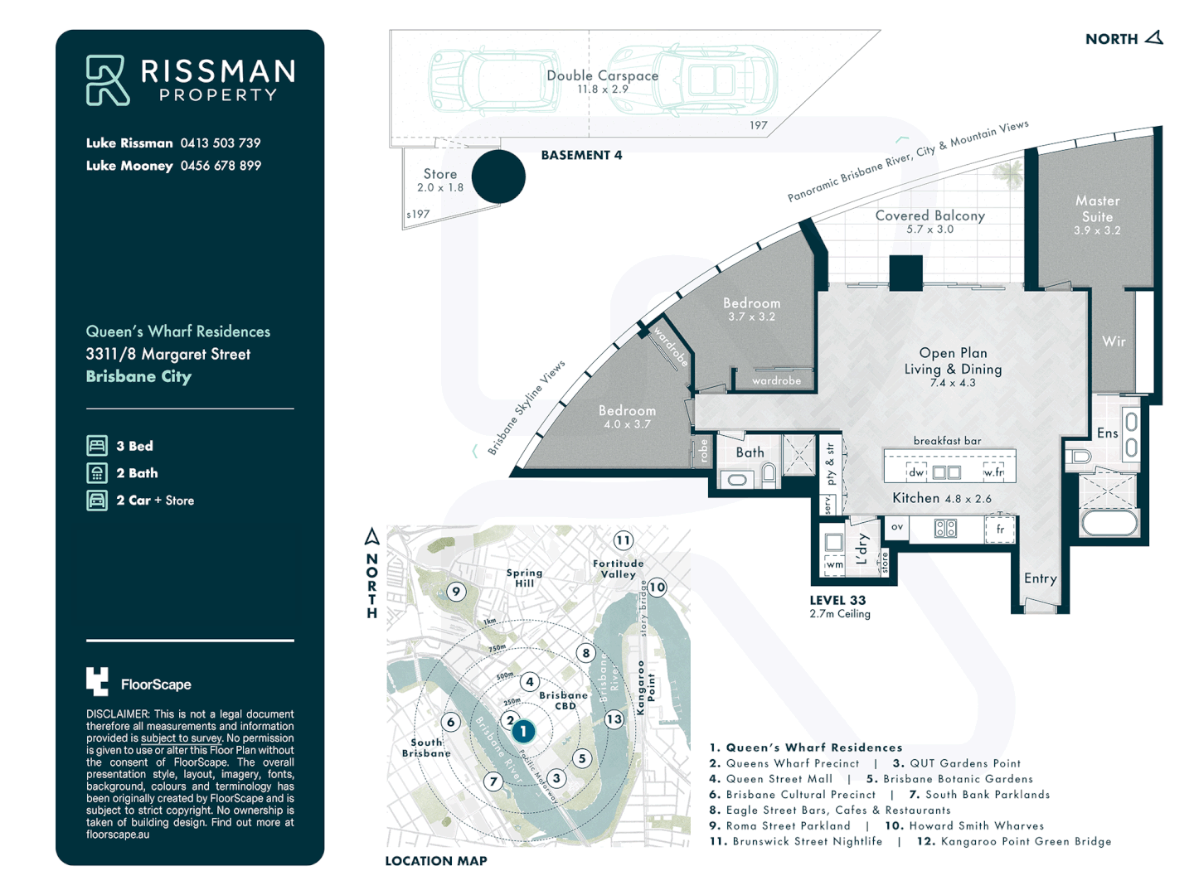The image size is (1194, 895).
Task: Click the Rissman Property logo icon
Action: (x=107, y=80)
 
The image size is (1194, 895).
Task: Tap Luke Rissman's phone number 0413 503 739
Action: (x=221, y=143)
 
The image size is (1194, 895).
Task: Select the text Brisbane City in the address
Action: (x=138, y=376)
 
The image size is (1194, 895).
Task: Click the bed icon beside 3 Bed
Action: (x=97, y=446)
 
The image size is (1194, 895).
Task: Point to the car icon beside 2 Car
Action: (x=97, y=501)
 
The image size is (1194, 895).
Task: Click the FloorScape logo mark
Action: (x=97, y=681)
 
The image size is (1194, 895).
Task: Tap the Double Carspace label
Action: (x=603, y=76)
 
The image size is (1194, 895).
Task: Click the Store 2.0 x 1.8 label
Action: (x=440, y=180)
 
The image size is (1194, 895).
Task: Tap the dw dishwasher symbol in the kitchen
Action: (x=916, y=472)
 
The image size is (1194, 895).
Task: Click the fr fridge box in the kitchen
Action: (x=1000, y=530)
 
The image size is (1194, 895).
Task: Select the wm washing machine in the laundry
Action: (x=834, y=564)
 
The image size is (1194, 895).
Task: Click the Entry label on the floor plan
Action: (x=1040, y=578)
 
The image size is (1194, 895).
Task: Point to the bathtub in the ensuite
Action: (x=1110, y=523)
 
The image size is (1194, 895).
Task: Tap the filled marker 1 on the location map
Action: (x=523, y=731)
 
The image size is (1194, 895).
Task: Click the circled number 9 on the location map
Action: (x=455, y=591)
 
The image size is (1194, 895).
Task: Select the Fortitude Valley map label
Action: (x=619, y=568)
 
